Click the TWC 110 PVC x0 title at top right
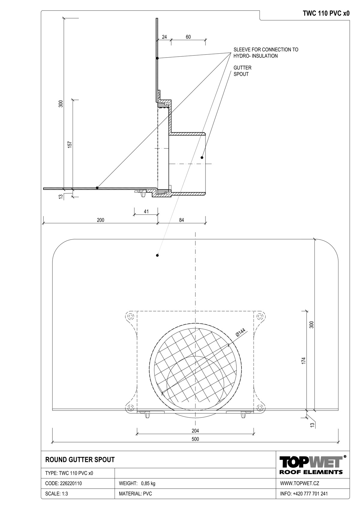(326, 13)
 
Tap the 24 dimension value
(164, 37)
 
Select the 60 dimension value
(188, 37)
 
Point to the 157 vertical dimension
(70, 144)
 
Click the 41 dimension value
(146, 211)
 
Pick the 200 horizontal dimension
(100, 220)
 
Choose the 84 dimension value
(181, 220)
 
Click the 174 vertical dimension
(304, 361)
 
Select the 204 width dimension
(195, 430)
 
